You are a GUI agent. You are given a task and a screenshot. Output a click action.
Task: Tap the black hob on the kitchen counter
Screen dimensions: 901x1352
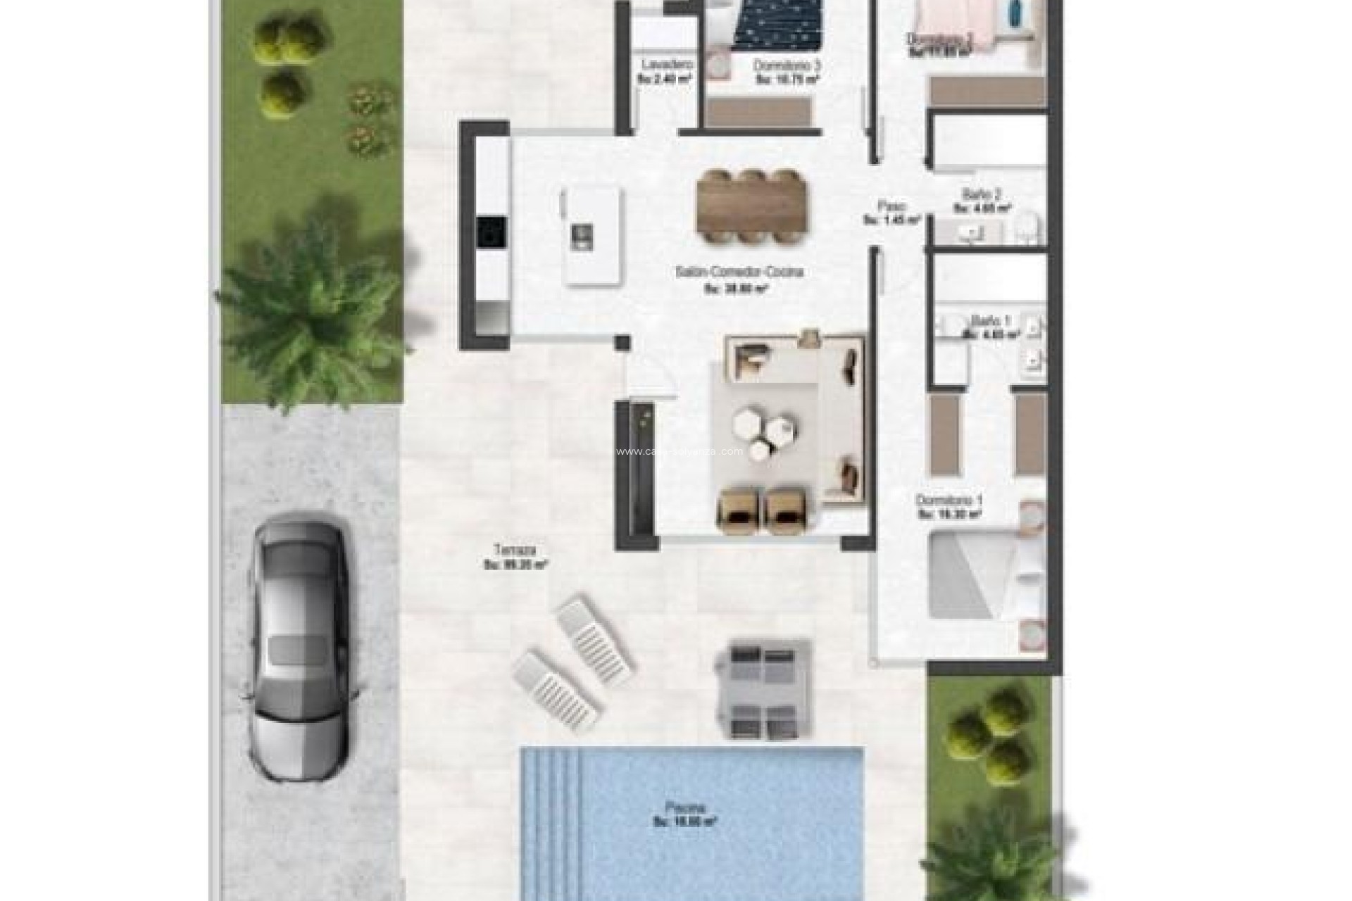[x=492, y=232]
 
